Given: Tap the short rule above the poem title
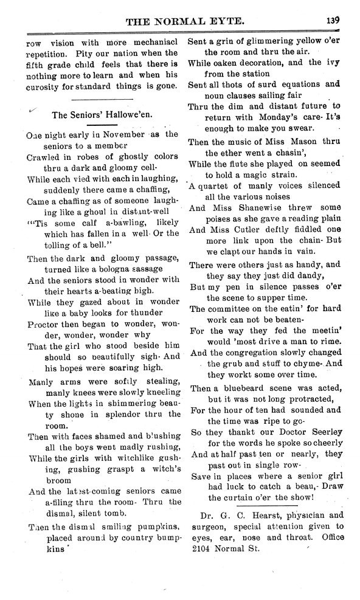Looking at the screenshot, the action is tap(102, 98).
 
